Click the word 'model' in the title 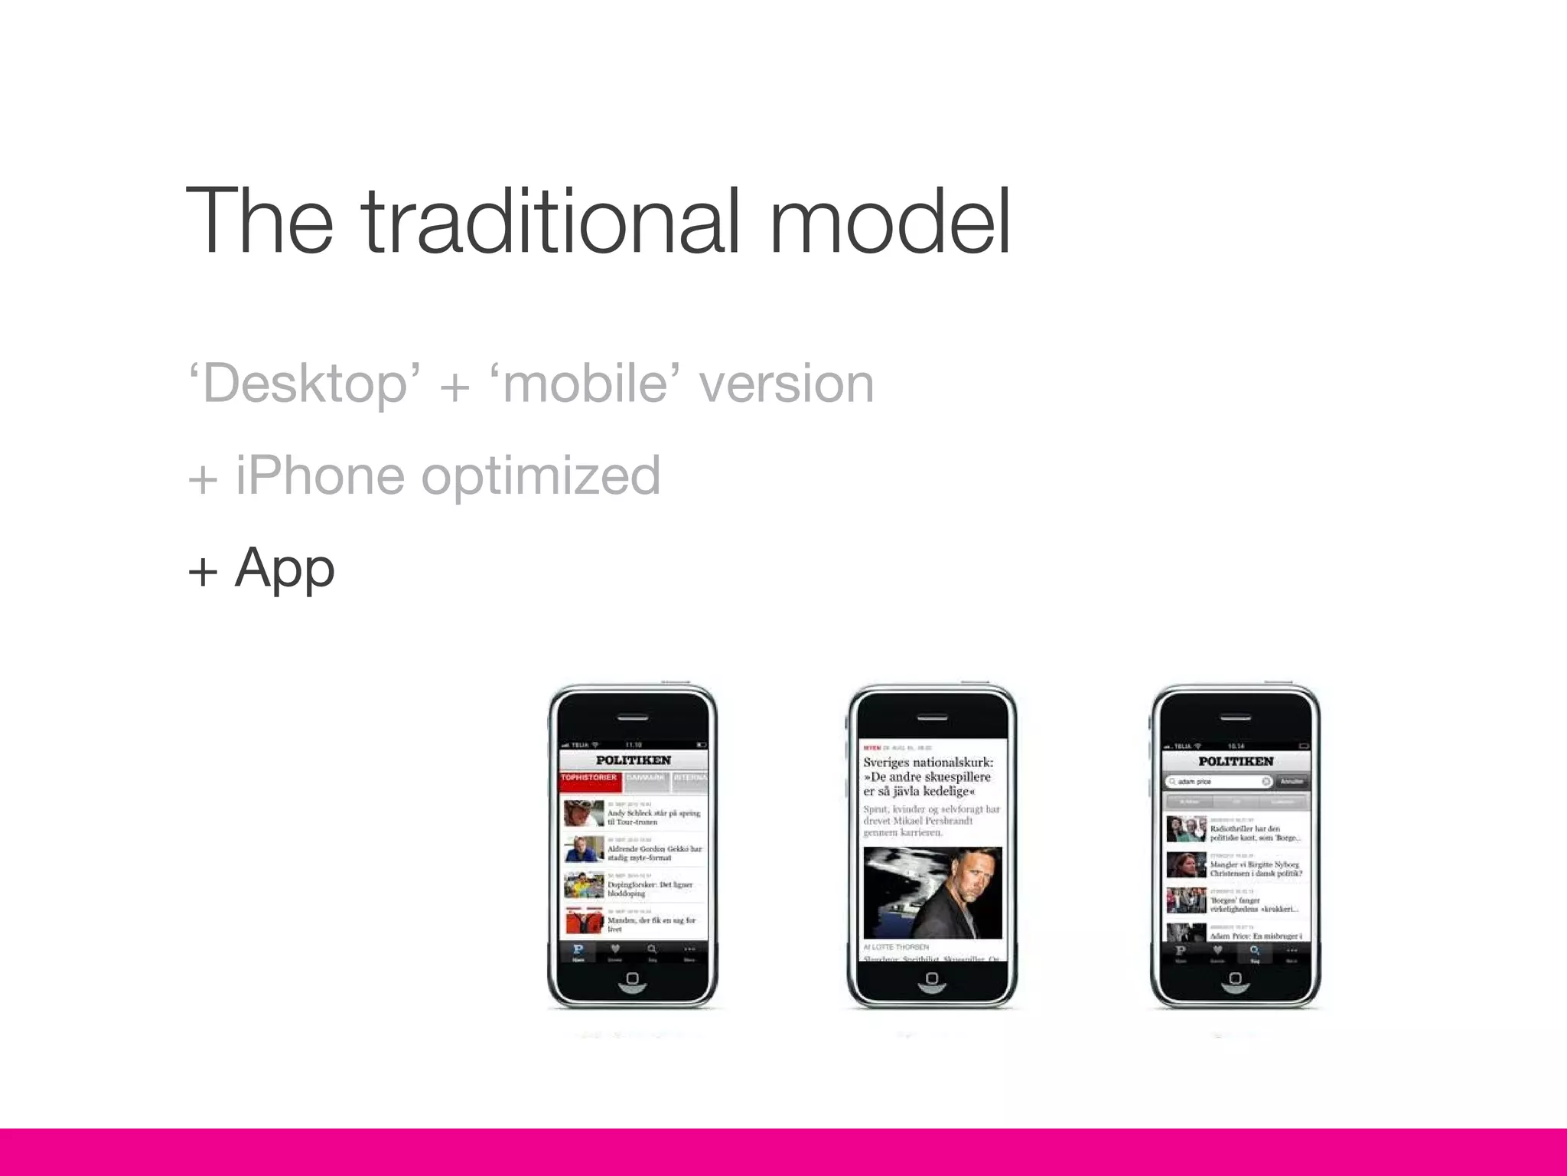click(890, 222)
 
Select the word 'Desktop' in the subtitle click(305, 384)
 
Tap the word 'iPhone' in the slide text click(320, 475)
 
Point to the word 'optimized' click(540, 477)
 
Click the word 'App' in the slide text click(285, 569)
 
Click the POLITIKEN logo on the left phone click(634, 760)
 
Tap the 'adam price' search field click(1217, 782)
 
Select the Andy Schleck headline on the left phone click(653, 817)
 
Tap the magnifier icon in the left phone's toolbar click(652, 950)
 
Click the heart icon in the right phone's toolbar click(1217, 951)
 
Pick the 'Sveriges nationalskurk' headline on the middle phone click(928, 776)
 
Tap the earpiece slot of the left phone click(633, 718)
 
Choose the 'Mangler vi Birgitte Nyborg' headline click(1256, 868)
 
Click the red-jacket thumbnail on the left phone click(584, 921)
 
